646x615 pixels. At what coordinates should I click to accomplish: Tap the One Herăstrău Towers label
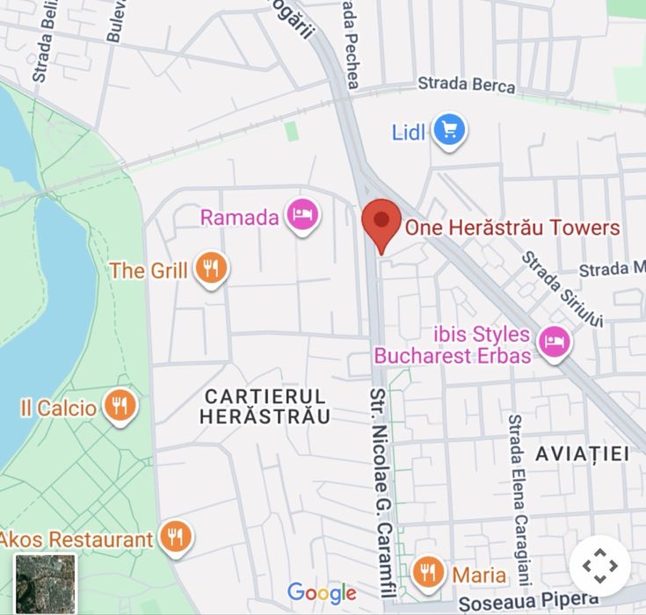click(512, 228)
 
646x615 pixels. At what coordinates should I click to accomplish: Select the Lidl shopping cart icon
click(450, 132)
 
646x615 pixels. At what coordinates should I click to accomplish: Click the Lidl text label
click(408, 133)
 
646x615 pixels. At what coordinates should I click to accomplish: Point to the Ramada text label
click(240, 217)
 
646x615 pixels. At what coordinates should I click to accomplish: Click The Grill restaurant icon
click(210, 269)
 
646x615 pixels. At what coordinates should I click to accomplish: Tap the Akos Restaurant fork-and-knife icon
click(176, 537)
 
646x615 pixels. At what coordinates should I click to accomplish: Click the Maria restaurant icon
click(427, 572)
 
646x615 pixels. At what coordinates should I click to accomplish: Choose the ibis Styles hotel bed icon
click(554, 343)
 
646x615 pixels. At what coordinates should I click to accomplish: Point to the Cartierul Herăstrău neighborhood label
click(265, 406)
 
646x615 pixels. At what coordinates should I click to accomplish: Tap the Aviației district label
click(582, 453)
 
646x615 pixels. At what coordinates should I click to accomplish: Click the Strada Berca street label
click(466, 85)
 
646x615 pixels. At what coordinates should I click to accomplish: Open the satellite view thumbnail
click(45, 584)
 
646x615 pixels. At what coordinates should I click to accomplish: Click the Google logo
click(322, 593)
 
